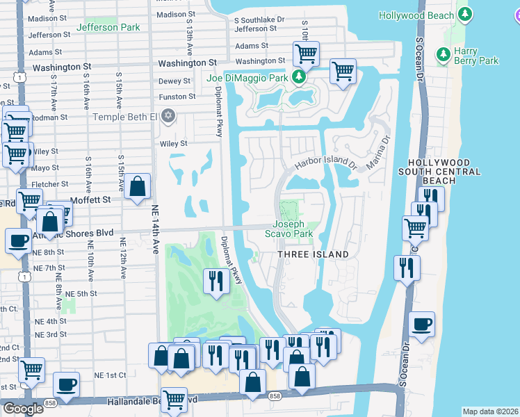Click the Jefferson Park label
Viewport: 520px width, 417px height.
click(108, 27)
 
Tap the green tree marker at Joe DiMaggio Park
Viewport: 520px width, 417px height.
click(299, 76)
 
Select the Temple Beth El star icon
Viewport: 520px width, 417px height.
click(168, 116)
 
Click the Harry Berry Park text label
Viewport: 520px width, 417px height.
click(476, 56)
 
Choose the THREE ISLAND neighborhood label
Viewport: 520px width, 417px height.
click(313, 254)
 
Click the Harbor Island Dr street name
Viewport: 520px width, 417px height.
click(325, 163)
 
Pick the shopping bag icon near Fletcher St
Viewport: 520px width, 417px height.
click(138, 186)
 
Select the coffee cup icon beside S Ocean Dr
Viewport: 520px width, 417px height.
click(421, 324)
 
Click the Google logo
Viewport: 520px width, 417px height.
click(23, 409)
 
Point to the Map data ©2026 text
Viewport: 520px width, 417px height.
click(489, 411)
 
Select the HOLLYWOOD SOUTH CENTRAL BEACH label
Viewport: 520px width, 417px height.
click(440, 171)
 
